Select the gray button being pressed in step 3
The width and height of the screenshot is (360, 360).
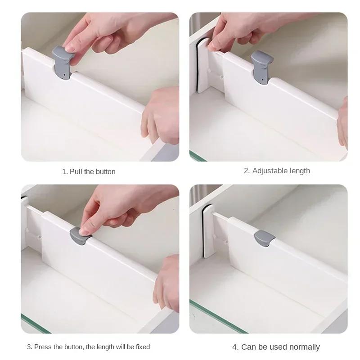point(81,235)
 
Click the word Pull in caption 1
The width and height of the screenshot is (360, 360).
point(76,171)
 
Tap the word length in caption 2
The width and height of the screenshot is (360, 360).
point(301,171)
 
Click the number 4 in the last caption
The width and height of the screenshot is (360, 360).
point(234,347)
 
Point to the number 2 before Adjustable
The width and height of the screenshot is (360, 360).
point(246,171)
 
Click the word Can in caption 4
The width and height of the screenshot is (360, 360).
point(248,347)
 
